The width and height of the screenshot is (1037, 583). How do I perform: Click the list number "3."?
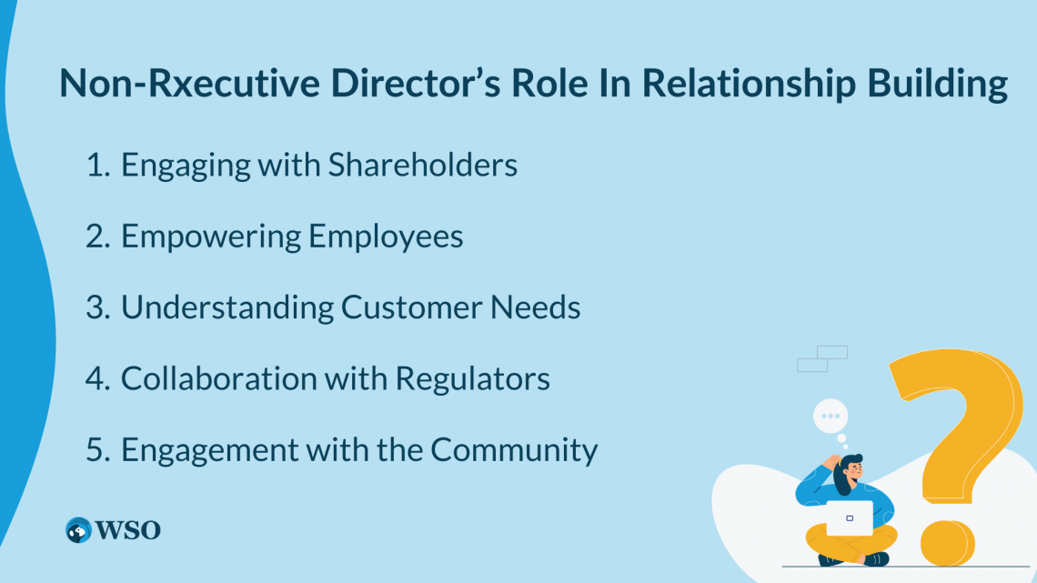point(97,307)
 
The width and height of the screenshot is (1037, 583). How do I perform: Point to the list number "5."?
point(97,449)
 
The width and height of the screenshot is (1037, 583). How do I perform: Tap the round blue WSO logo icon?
point(78,530)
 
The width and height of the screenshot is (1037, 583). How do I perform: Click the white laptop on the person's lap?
point(849,518)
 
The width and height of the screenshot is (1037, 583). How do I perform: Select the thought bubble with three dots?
point(829,417)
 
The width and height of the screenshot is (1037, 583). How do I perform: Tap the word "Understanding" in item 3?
point(227,307)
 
